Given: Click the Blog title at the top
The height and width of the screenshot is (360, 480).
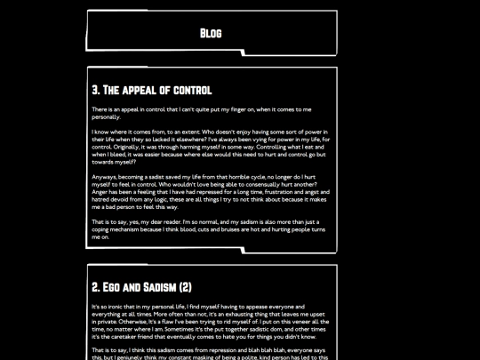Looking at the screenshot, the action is click(x=211, y=33).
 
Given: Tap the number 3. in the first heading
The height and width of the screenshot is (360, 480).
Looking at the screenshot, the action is click(x=96, y=90).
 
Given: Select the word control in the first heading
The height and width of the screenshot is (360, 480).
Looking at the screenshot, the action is click(x=193, y=90).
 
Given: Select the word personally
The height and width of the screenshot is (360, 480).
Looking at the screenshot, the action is click(x=106, y=116).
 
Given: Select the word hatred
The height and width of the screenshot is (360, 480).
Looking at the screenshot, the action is click(x=101, y=198).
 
